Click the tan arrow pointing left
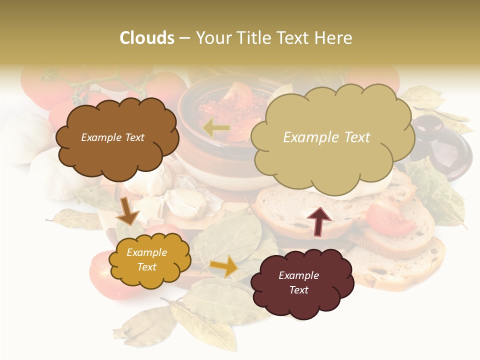click(x=216, y=128)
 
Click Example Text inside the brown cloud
click(x=112, y=137)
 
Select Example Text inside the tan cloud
click(x=326, y=137)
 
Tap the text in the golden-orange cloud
click(x=146, y=260)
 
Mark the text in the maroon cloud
click(x=298, y=282)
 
